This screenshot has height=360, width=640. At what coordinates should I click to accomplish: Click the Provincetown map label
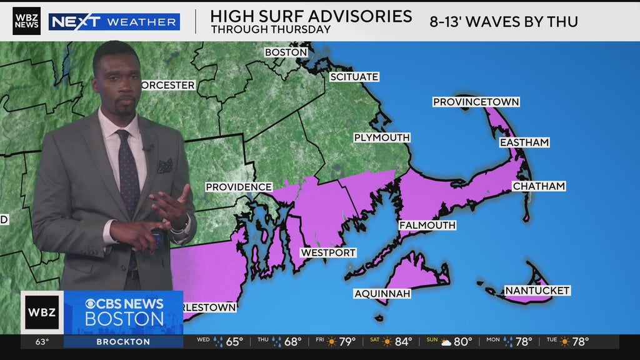pyautogui.click(x=476, y=102)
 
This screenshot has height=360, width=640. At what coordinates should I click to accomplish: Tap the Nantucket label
pyautogui.click(x=537, y=291)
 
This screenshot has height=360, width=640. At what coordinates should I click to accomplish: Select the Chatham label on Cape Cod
pyautogui.click(x=538, y=186)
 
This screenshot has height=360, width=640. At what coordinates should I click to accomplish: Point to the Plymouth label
pyautogui.click(x=381, y=137)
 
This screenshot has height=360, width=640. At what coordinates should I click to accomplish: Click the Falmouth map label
pyautogui.click(x=427, y=225)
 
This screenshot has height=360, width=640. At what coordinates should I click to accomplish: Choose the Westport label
pyautogui.click(x=328, y=253)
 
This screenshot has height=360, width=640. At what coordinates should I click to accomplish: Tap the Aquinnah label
pyautogui.click(x=382, y=293)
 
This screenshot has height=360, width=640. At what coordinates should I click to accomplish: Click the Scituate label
pyautogui.click(x=354, y=77)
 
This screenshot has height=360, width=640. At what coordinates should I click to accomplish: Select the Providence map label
pyautogui.click(x=239, y=187)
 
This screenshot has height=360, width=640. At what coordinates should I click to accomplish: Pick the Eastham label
pyautogui.click(x=524, y=142)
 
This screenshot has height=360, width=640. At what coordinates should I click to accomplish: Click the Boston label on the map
pyautogui.click(x=286, y=52)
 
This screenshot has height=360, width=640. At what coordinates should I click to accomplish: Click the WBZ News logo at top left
pyautogui.click(x=26, y=21)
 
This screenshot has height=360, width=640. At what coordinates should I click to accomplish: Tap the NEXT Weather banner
pyautogui.click(x=114, y=22)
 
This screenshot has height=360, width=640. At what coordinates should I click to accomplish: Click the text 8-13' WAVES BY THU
pyautogui.click(x=503, y=21)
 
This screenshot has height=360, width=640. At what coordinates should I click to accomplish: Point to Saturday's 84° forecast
pyautogui.click(x=396, y=342)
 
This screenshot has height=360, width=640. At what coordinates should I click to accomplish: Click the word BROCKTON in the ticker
pyautogui.click(x=123, y=342)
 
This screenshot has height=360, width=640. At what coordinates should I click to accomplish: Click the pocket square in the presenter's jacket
pyautogui.click(x=165, y=166)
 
